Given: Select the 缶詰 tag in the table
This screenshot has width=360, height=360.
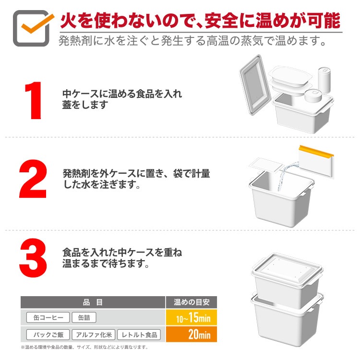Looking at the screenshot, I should [x=84, y=317].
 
